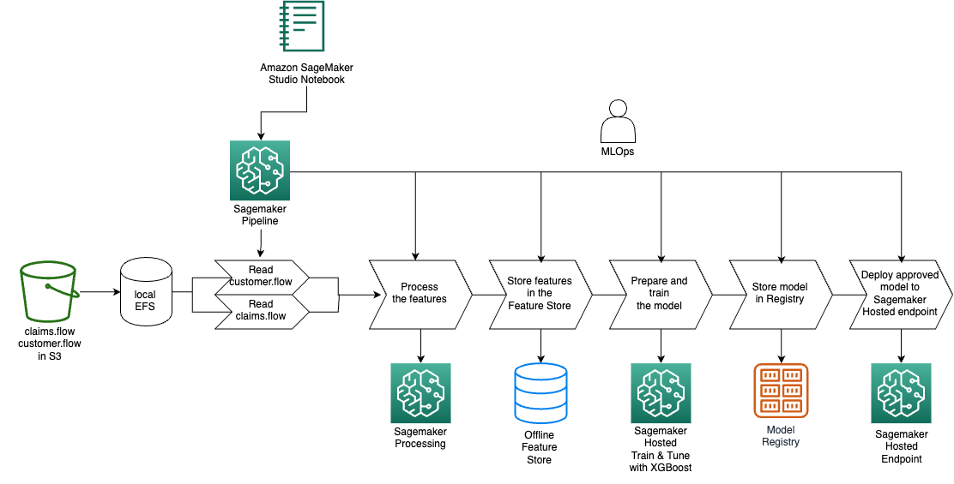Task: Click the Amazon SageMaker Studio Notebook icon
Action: tap(302, 26)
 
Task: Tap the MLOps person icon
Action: tap(618, 122)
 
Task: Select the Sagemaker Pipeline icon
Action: tap(260, 170)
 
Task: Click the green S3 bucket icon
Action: tap(49, 291)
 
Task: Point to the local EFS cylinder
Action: tap(146, 294)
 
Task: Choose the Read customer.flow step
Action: tap(263, 277)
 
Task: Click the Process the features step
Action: tap(420, 295)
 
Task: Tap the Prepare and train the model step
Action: tap(660, 295)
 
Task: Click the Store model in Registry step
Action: tap(781, 295)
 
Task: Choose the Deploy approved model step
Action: tap(901, 295)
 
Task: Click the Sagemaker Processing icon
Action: tap(420, 393)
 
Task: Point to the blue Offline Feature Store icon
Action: tap(540, 393)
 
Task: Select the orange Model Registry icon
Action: tap(781, 391)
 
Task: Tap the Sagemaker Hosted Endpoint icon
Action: tap(901, 393)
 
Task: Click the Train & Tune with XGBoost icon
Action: tap(661, 393)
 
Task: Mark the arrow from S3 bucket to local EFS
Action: tap(100, 292)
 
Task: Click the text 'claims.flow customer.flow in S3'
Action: tap(49, 344)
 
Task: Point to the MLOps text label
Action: tap(618, 152)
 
